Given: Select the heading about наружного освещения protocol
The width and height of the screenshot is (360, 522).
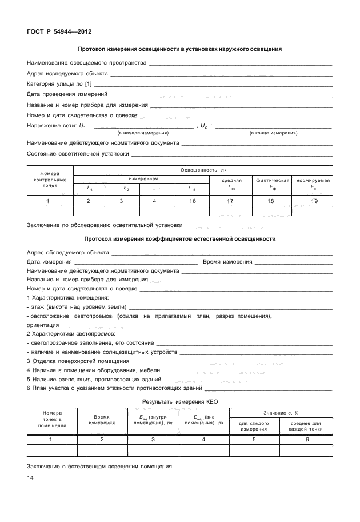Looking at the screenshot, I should [179, 49].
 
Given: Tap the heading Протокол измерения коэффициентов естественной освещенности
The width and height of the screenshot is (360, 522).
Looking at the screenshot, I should [179, 238].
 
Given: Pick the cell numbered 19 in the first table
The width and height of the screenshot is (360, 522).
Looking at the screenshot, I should [313, 201].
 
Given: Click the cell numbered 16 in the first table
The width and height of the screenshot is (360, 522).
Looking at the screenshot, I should [192, 201].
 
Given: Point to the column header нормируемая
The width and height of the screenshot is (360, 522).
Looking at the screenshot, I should [313, 180].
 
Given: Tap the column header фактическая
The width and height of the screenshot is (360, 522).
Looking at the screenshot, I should [271, 180].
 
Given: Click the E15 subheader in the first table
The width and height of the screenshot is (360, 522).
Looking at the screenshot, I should [192, 187].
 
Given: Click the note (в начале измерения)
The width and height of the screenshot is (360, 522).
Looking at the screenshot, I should [142, 133].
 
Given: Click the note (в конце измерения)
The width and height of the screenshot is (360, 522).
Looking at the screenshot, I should [273, 133].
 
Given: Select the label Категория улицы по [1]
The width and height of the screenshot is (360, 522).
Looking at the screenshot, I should [59, 84].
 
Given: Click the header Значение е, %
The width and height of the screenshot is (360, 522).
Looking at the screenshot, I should [281, 413].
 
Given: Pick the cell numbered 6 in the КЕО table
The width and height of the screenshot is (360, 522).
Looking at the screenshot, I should [307, 439].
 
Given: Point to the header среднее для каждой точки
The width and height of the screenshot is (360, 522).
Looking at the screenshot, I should [307, 425].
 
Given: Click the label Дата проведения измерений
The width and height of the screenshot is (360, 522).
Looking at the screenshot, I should [67, 94].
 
